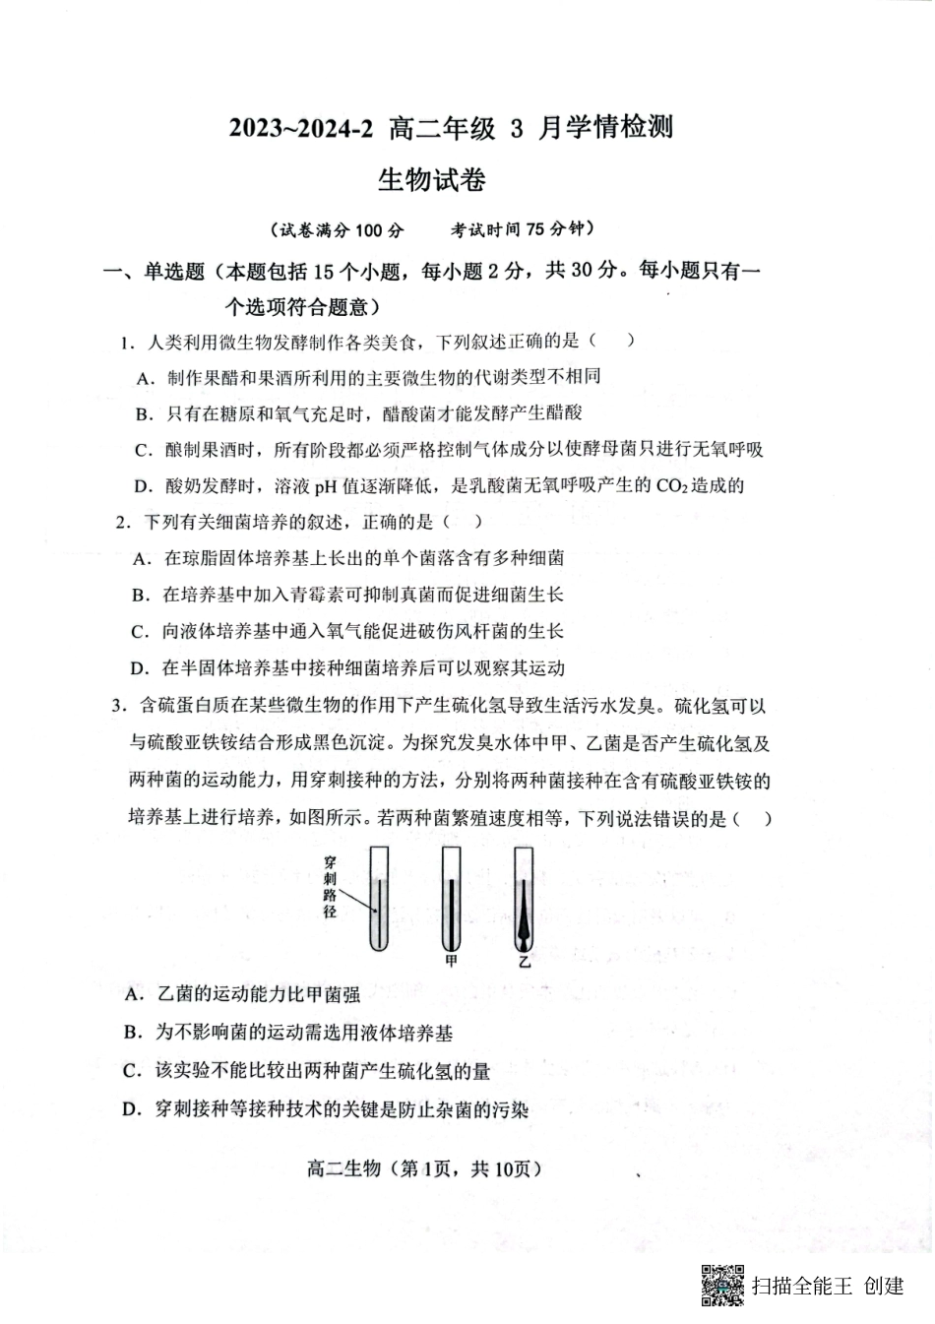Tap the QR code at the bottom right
pyautogui.click(x=722, y=1284)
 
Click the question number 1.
pyautogui.click(x=127, y=343)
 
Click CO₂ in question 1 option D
pyautogui.click(x=668, y=485)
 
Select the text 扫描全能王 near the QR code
pyautogui.click(x=800, y=1285)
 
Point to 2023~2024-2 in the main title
pyautogui.click(x=302, y=129)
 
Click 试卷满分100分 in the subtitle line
pyautogui.click(x=337, y=230)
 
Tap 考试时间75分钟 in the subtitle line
pyautogui.click(x=523, y=229)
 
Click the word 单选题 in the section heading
pyautogui.click(x=174, y=272)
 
